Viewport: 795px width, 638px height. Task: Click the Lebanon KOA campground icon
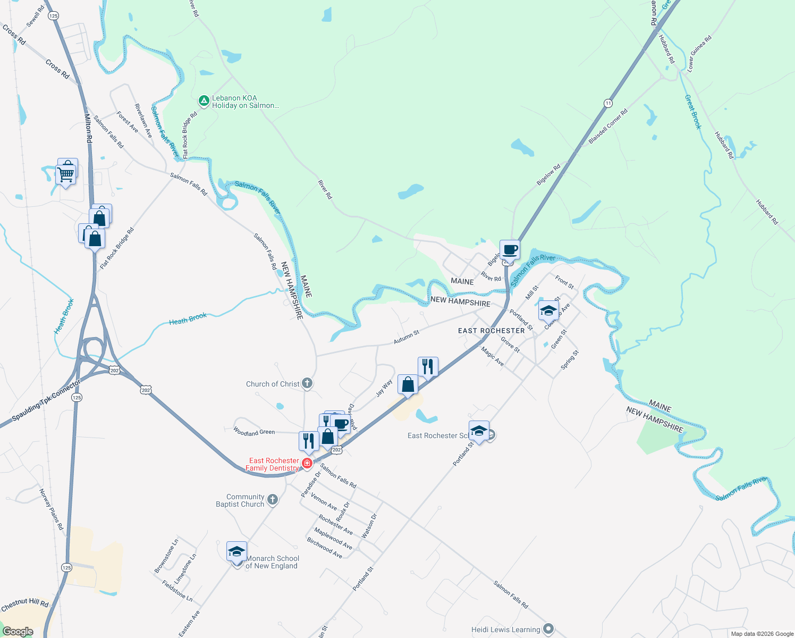coord(204,100)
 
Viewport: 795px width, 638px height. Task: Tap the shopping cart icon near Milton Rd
coord(66,174)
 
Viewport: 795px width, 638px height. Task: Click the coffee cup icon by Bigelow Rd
coord(510,249)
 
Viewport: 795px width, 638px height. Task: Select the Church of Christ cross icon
coord(307,383)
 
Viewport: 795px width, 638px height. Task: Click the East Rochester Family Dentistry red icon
coord(307,464)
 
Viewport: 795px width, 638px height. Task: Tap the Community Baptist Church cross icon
coord(272,500)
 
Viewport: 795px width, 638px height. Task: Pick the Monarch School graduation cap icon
coord(236,551)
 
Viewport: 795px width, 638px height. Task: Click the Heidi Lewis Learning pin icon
coord(548,629)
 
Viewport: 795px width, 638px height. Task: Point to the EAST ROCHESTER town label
coord(492,331)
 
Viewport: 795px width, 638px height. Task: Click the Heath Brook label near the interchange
coord(64,316)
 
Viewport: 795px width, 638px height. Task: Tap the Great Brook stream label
coord(692,112)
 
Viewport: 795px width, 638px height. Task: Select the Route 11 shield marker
coord(608,103)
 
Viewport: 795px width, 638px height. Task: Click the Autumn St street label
coord(407,337)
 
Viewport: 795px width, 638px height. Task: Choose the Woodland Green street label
coord(254,432)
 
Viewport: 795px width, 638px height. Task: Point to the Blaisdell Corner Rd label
coord(608,127)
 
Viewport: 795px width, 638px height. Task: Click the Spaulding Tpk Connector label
coord(46,400)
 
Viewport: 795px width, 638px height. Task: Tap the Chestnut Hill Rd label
coord(24,605)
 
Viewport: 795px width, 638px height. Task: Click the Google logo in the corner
coord(18,632)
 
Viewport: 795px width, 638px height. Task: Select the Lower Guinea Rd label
coord(699,54)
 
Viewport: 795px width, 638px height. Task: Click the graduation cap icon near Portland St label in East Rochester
coord(548,310)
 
